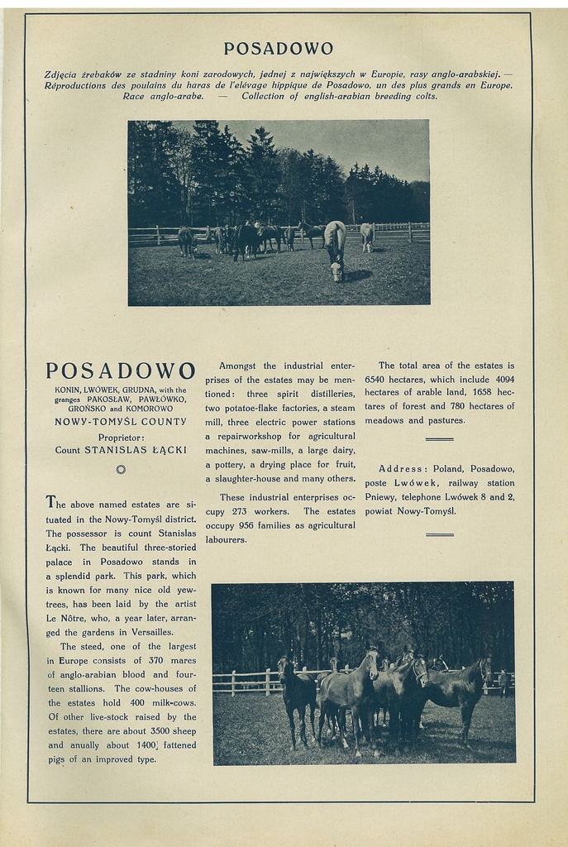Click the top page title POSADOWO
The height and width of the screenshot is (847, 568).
point(279,49)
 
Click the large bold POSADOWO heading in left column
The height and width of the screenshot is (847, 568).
point(121,371)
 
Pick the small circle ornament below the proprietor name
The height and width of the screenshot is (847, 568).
point(121,469)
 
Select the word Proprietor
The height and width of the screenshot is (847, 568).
point(121,438)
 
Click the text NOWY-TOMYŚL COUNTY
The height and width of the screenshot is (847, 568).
point(121,422)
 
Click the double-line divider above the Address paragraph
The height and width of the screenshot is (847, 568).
point(439,438)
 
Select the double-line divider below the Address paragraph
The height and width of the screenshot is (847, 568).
point(439,534)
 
